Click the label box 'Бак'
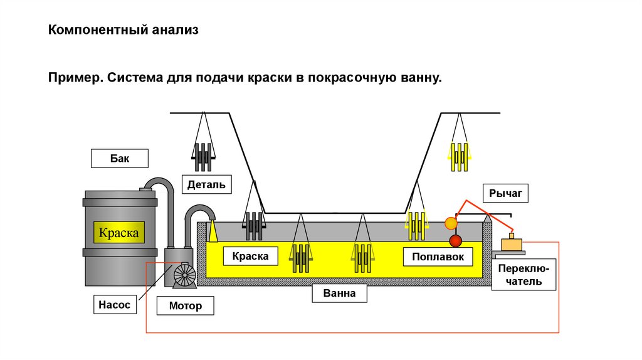click(119, 158)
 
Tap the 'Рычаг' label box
click(505, 193)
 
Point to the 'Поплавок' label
click(438, 257)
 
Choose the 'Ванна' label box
click(339, 293)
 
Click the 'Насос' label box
click(114, 304)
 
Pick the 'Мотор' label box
click(186, 305)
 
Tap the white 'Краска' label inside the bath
click(250, 256)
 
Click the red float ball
click(455, 241)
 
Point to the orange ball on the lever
click(451, 223)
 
